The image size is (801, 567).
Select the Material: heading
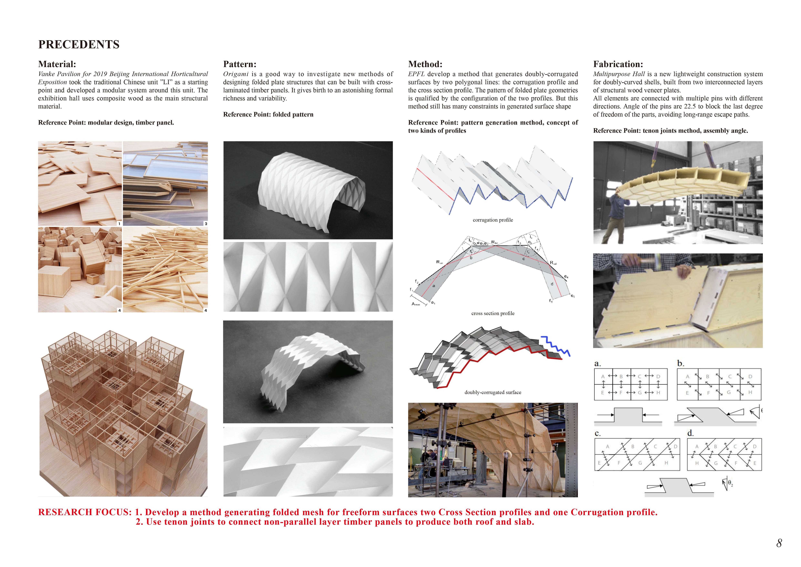(57, 64)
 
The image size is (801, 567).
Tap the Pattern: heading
(240, 64)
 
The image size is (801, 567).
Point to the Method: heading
(425, 64)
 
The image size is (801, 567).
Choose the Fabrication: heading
(618, 64)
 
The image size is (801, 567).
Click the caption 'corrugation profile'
(493, 220)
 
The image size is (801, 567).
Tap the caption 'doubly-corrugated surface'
(493, 392)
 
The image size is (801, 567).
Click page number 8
(779, 543)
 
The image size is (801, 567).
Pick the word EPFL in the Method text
(416, 74)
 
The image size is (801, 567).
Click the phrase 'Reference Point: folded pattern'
(268, 115)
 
